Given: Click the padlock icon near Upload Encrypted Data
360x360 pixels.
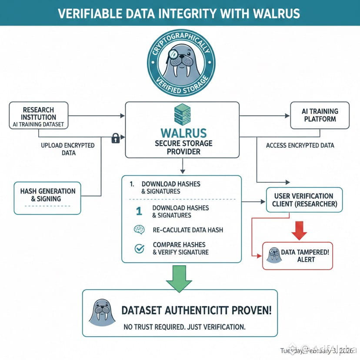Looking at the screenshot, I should [x=115, y=138].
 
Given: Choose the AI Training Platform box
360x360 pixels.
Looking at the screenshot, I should [x=320, y=115].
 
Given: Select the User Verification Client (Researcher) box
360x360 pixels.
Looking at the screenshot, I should [x=304, y=200].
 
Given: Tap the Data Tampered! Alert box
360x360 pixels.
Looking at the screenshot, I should [x=297, y=256].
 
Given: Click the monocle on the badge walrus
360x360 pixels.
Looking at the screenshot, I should [x=172, y=54].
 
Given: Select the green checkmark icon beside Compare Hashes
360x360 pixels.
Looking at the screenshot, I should [x=140, y=248].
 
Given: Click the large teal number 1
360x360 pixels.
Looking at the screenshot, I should [x=139, y=211].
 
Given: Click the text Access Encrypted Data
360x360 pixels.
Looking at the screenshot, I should [x=300, y=145].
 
